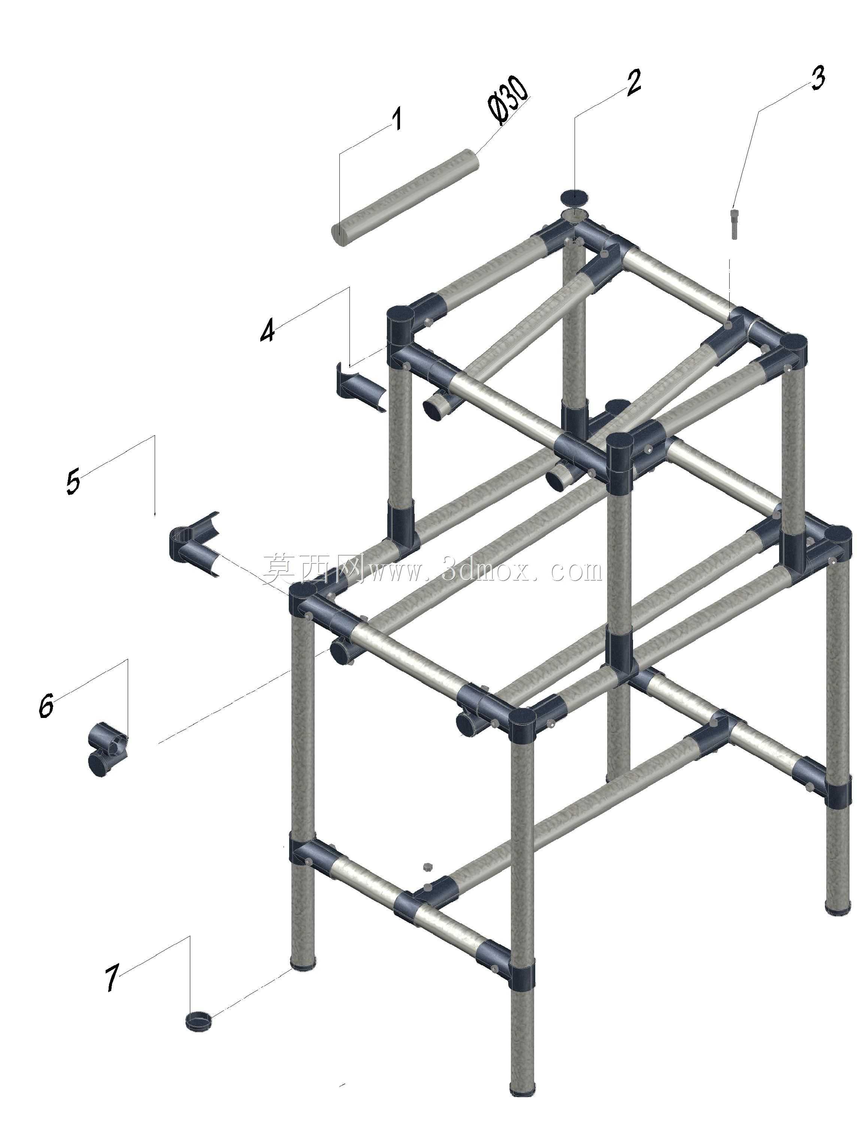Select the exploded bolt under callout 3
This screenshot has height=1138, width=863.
click(x=733, y=223)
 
